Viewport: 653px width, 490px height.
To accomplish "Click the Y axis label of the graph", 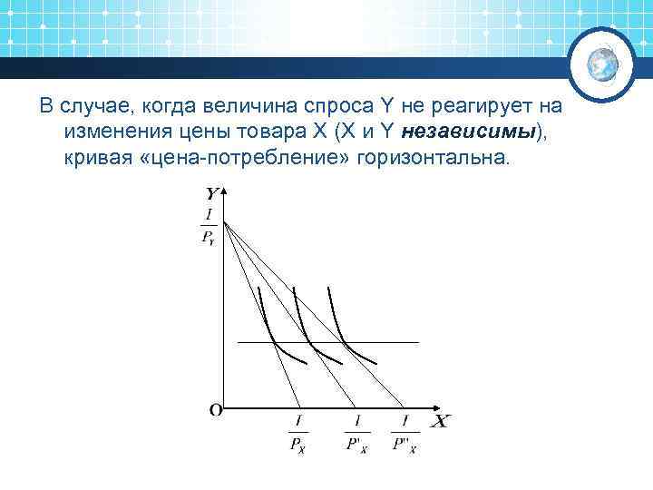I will (211, 193).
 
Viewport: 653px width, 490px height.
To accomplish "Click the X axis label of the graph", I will (440, 422).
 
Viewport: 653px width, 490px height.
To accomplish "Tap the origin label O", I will (215, 410).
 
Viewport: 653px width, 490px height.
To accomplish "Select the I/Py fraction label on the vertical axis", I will (210, 226).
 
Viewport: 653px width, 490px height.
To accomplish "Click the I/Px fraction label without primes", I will (298, 433).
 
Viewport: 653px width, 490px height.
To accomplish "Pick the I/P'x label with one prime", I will (356, 433).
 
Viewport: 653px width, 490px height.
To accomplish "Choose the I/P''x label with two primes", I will (404, 433).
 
